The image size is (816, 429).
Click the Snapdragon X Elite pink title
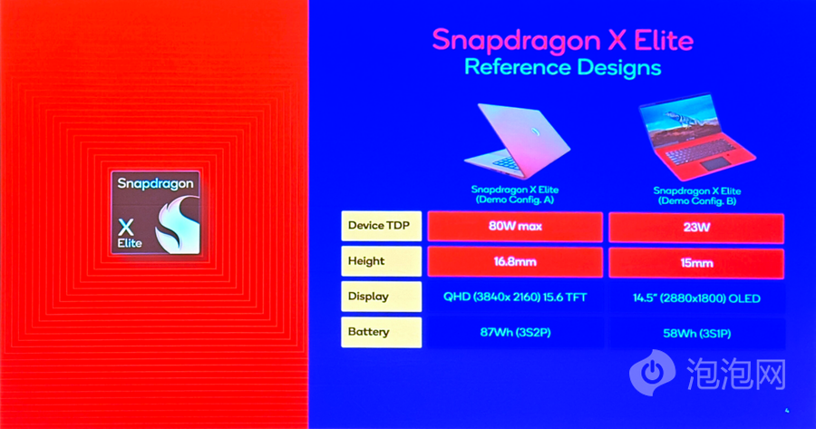562,41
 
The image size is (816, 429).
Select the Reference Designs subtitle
562,68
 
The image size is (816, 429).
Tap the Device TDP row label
381,226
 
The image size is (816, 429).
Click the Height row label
381,261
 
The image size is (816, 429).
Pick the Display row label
381,297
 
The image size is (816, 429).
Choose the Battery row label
381,332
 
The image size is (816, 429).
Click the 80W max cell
515,227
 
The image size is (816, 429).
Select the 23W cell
696,228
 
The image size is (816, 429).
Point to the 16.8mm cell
515,262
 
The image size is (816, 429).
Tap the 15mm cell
696,263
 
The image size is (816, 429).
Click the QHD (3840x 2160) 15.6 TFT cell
515,297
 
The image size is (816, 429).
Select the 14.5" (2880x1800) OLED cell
696,298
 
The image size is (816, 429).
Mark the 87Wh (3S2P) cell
515,333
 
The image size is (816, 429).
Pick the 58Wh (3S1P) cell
696,334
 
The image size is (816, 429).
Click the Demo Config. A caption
515,195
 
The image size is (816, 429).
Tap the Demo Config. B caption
697,196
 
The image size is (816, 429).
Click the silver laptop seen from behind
518,141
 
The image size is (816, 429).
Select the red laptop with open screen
696,138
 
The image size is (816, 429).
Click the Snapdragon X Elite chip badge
156,213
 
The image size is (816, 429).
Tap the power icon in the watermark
652,372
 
